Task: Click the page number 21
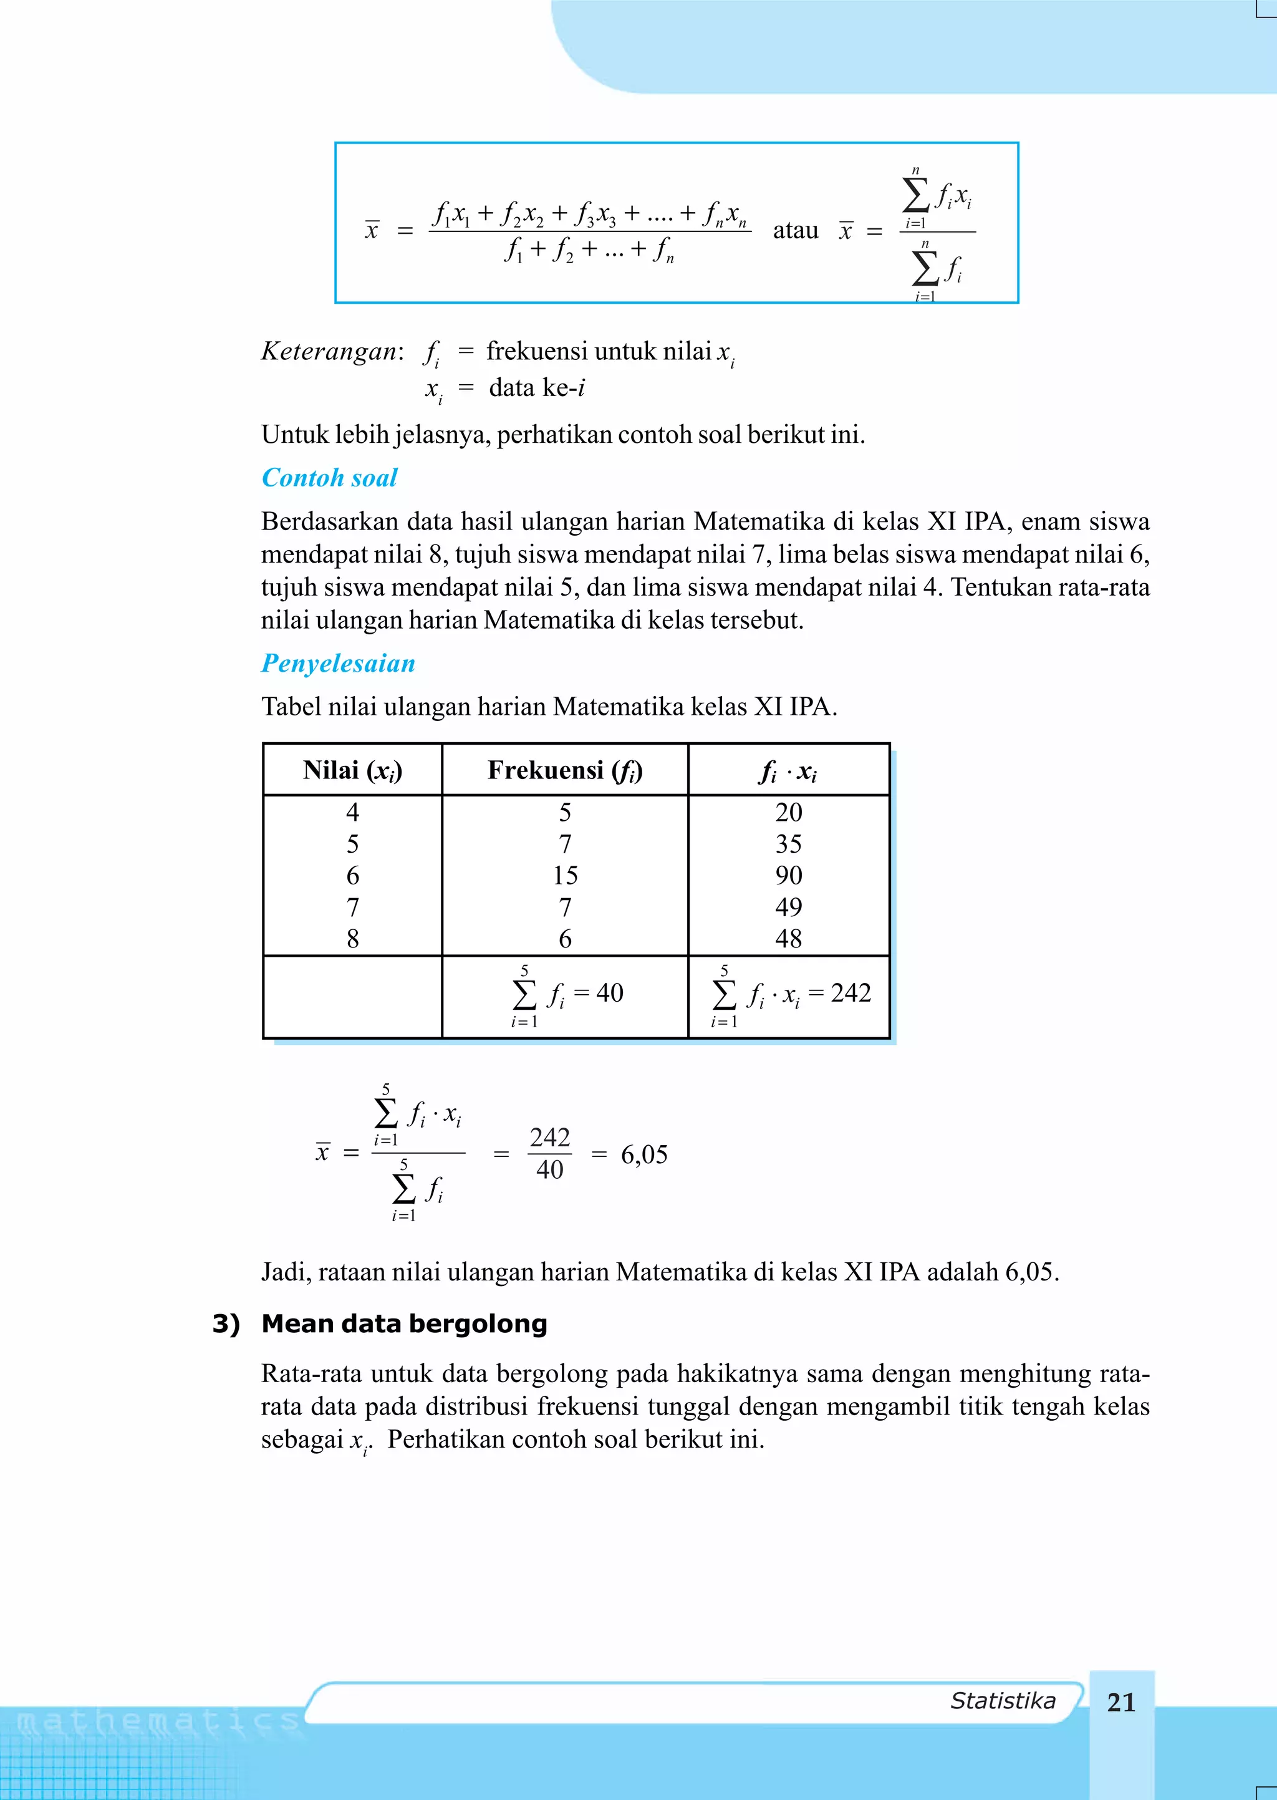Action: tap(1120, 1701)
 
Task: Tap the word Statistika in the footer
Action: tap(1003, 1700)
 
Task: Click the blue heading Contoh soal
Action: tap(329, 477)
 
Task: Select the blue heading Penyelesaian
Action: tap(338, 663)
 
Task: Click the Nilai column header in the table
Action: tap(352, 770)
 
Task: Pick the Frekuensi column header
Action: tap(564, 770)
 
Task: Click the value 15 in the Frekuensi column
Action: tap(564, 875)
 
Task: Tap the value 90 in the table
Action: tap(789, 875)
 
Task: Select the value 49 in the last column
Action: tap(789, 907)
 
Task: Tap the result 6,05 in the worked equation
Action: tap(644, 1154)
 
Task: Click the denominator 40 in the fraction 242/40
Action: tap(549, 1170)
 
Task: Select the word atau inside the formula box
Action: tap(795, 230)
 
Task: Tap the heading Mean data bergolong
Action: tap(404, 1323)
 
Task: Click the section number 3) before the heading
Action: tap(226, 1323)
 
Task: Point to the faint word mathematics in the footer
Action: tap(157, 1722)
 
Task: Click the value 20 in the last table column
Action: tap(789, 812)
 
